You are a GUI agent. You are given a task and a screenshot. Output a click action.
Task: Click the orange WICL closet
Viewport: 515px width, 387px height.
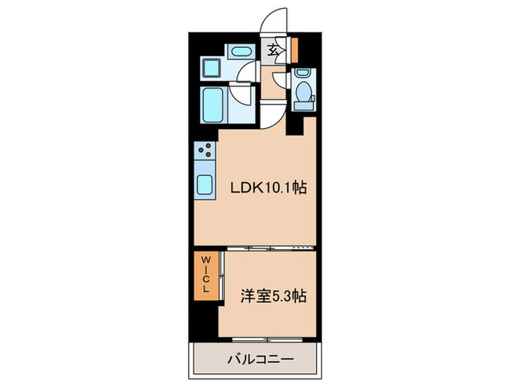click(206, 273)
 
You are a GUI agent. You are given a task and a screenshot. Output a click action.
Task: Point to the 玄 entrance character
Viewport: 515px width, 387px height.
click(273, 50)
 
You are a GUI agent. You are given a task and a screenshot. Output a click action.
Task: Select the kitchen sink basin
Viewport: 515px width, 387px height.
click(204, 185)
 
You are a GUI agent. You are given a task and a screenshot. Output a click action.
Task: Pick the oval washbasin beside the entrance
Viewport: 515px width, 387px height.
click(240, 52)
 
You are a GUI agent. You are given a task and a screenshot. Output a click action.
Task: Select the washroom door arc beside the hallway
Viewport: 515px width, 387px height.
click(248, 72)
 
